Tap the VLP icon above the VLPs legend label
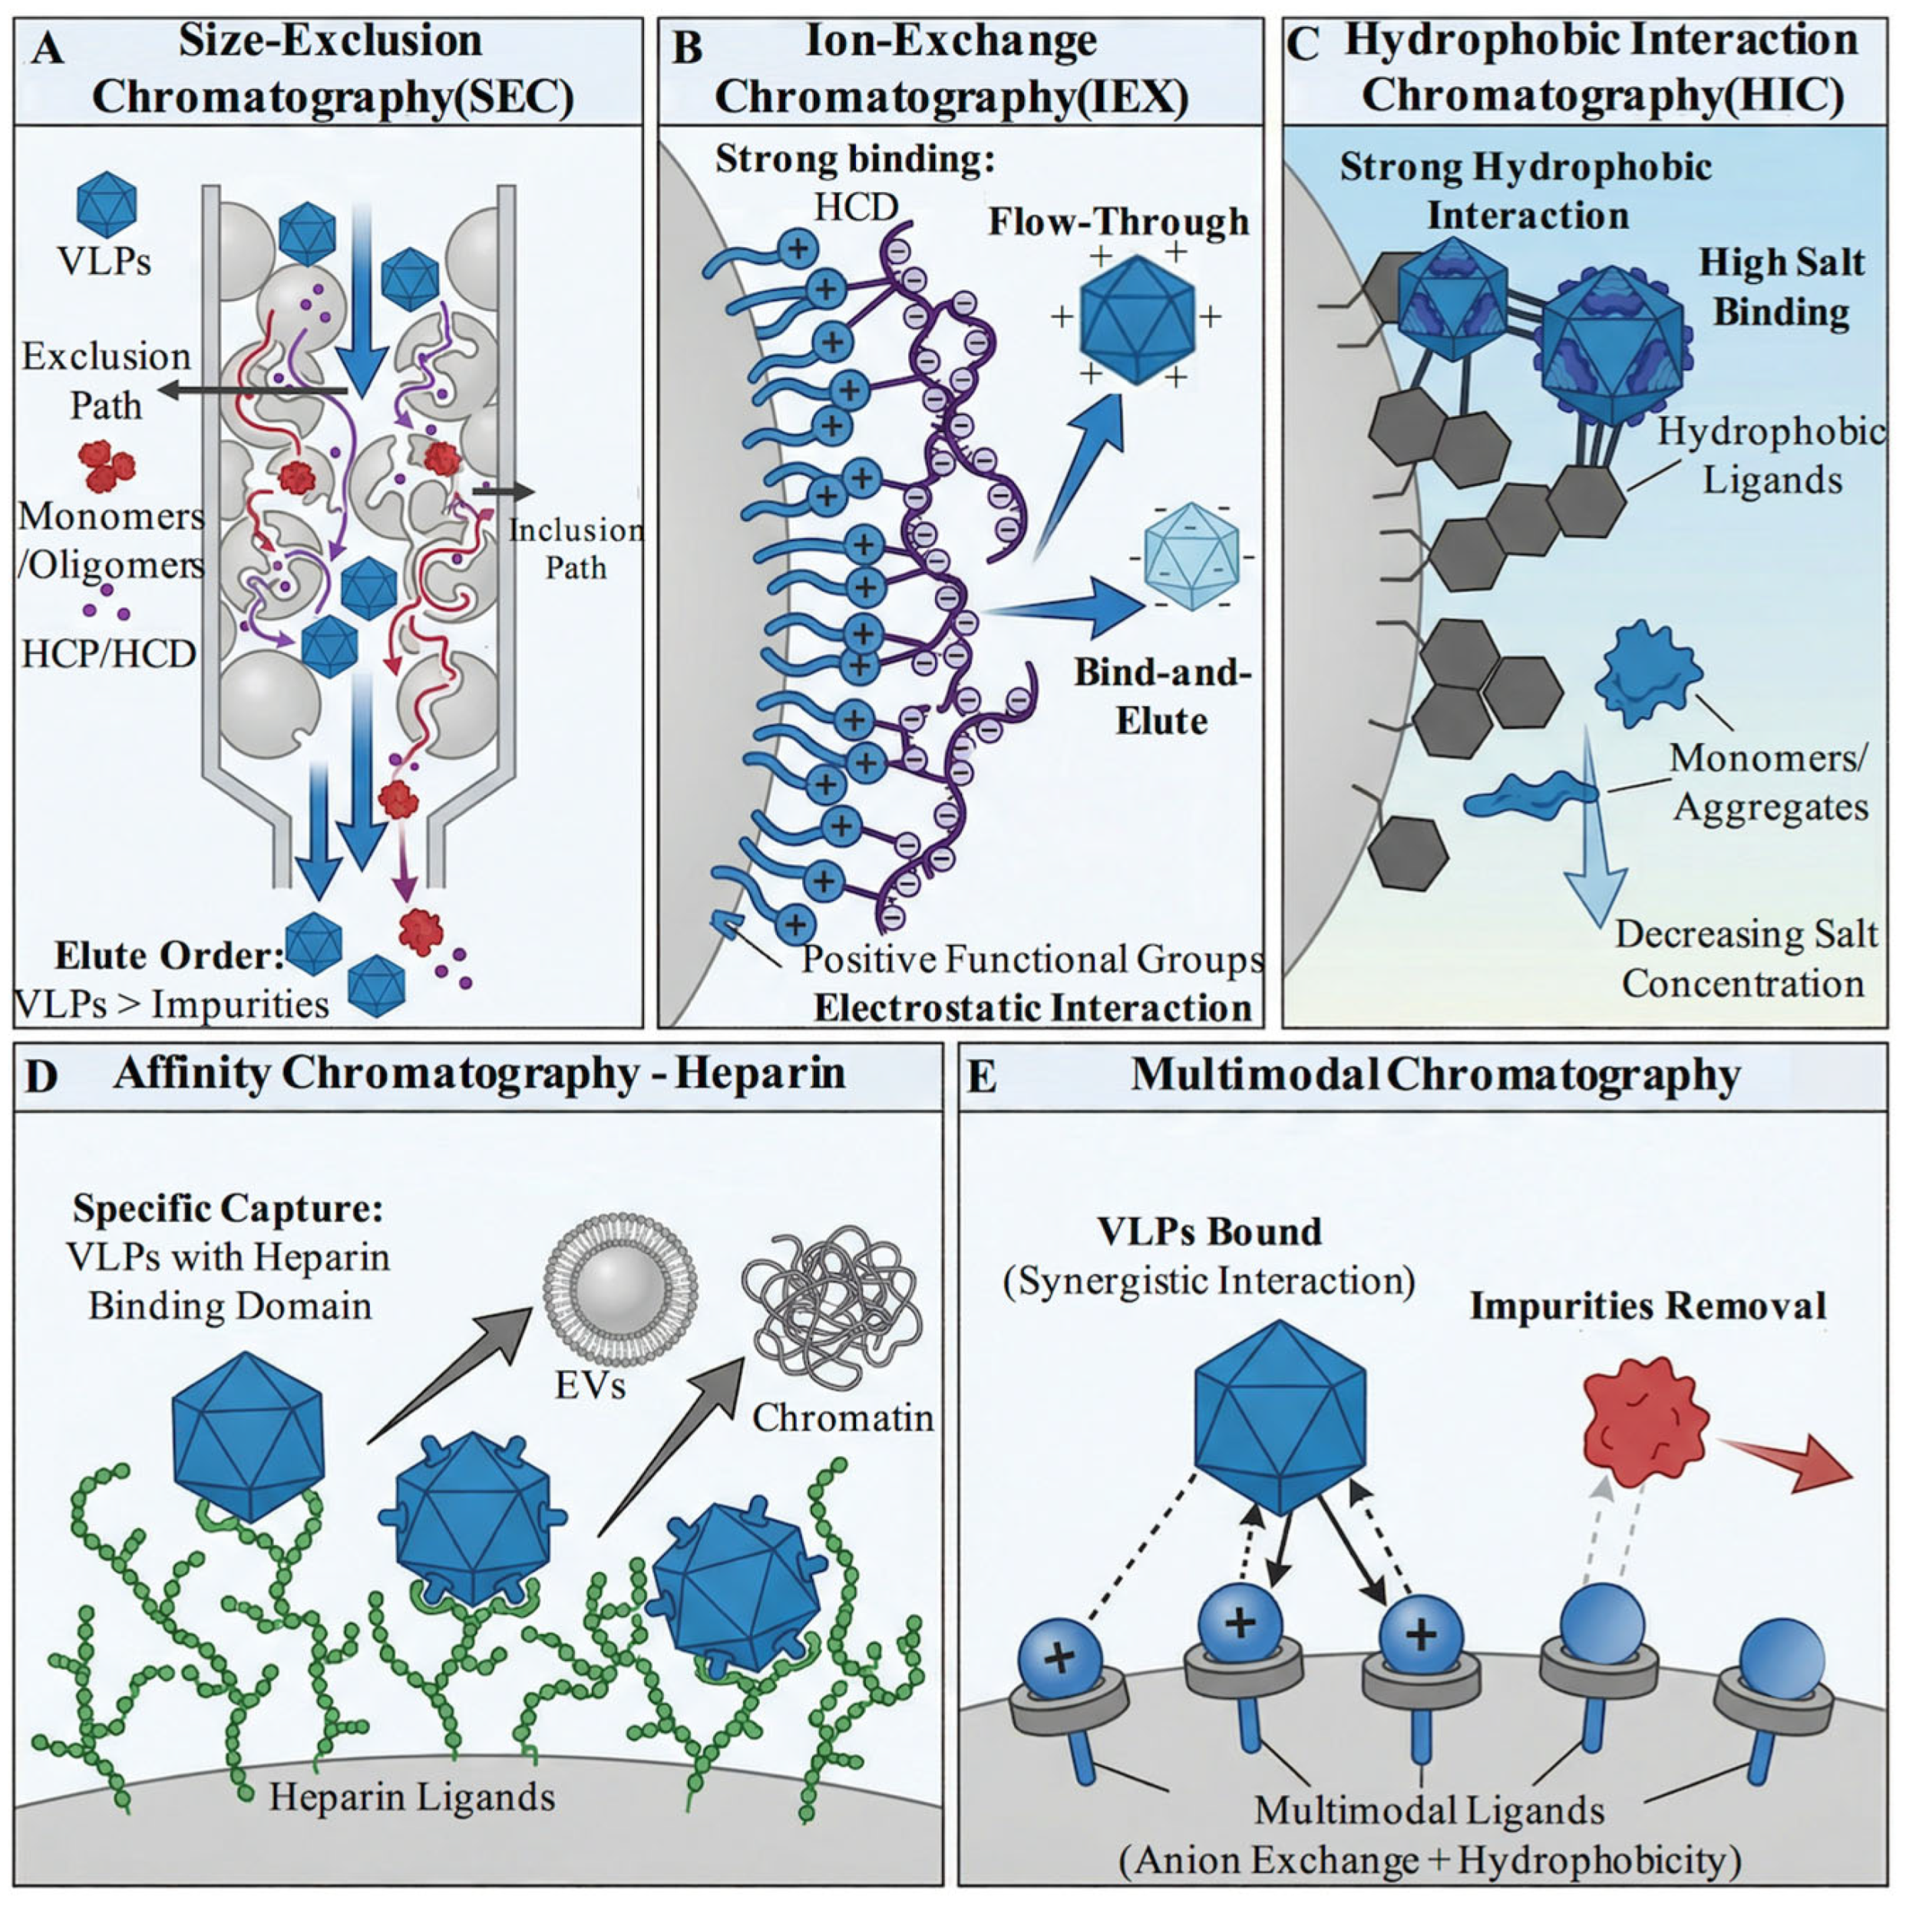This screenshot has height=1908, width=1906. click(106, 204)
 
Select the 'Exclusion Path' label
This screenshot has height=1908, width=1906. click(106, 380)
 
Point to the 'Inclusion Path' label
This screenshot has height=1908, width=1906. click(575, 548)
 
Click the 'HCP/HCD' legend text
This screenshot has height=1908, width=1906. click(109, 654)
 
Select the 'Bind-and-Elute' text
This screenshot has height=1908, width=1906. click(1162, 696)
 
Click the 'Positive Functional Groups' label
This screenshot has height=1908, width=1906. click(1032, 959)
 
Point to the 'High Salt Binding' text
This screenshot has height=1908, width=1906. click(1781, 286)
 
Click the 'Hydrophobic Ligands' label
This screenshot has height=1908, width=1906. click(1772, 455)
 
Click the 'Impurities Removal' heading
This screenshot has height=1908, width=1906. click(1647, 1306)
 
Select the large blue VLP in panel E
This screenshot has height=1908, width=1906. click(1280, 1417)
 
